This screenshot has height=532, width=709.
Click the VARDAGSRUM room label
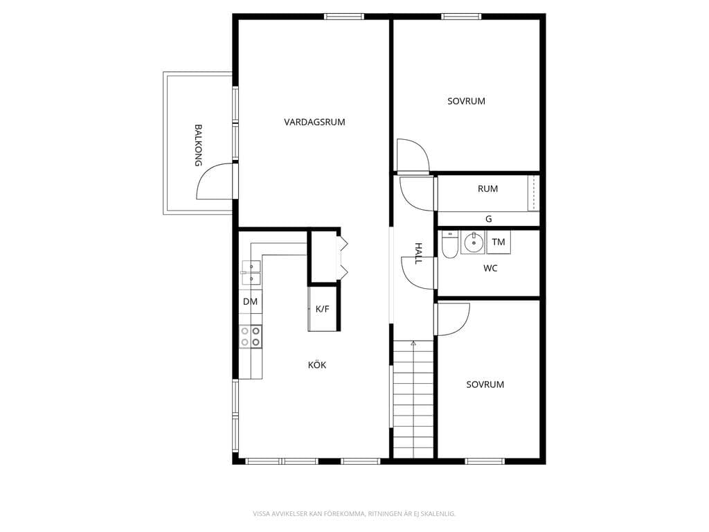point(314,122)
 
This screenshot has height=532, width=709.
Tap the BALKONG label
point(198,145)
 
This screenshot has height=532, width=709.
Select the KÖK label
point(317,364)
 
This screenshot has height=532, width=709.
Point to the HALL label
point(418,254)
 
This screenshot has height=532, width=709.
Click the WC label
point(490,268)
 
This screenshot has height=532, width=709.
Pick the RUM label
point(488,188)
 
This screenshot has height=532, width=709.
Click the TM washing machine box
point(499,242)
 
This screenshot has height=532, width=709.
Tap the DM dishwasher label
point(250,302)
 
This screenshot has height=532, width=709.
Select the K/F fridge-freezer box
point(323,309)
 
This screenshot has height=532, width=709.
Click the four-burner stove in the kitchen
point(251,337)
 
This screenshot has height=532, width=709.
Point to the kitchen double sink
point(251,273)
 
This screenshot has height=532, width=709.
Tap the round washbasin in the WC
point(473,242)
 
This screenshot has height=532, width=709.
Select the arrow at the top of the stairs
point(413,344)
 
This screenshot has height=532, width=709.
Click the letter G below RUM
point(488,219)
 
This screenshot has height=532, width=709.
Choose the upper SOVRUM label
point(466,101)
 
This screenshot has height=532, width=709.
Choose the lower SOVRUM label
point(485,384)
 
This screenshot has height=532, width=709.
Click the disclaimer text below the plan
point(354,513)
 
